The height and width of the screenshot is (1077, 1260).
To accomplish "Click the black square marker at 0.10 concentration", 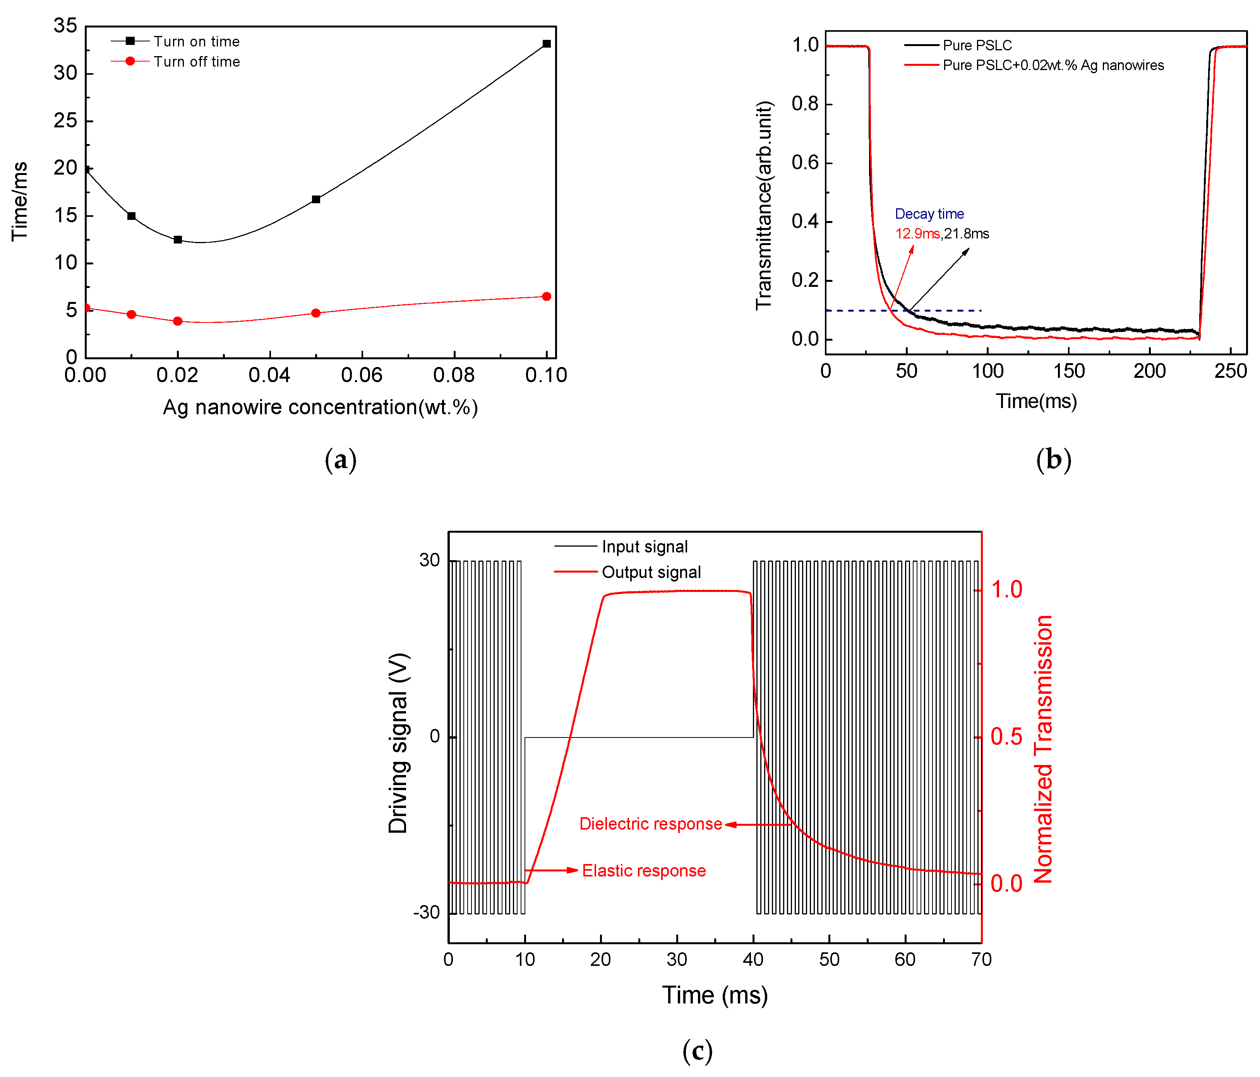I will click(x=546, y=44).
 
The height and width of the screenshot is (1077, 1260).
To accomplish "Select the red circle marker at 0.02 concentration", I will click(x=178, y=321).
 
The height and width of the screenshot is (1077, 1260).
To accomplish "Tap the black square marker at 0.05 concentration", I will click(x=315, y=199).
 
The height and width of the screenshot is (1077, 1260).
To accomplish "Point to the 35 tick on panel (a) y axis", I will click(x=66, y=26).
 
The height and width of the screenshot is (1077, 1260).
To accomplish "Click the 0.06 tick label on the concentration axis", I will click(x=362, y=375).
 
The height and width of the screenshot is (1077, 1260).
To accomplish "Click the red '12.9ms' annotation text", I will click(x=917, y=233).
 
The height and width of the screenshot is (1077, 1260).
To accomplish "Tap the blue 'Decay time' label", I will click(x=929, y=214).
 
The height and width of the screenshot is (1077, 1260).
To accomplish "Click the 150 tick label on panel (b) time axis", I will click(x=1068, y=371).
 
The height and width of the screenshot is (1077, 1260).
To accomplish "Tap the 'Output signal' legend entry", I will click(x=651, y=572).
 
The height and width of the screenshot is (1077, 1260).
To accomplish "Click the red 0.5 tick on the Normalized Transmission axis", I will click(x=1006, y=736).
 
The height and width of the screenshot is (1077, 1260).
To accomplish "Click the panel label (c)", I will click(x=697, y=1050).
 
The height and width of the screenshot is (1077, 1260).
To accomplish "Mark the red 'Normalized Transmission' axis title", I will click(x=1043, y=749).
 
